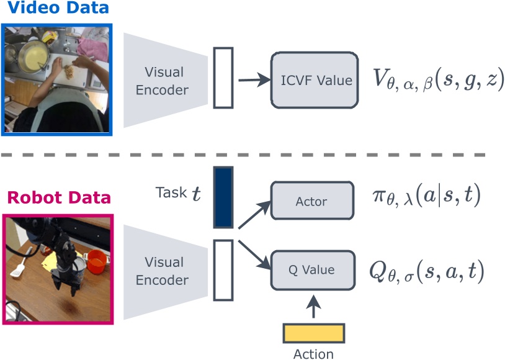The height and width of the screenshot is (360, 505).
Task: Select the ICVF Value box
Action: tap(316, 79)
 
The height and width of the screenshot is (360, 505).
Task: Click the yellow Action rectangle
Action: tap(313, 333)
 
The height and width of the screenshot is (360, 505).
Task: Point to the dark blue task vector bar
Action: tap(223, 196)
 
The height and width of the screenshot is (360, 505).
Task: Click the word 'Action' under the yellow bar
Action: tap(313, 354)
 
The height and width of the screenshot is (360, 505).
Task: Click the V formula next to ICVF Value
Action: tap(439, 80)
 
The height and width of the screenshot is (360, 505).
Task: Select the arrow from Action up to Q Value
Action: tap(313, 308)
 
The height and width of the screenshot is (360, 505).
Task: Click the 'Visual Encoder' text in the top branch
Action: tap(166, 81)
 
